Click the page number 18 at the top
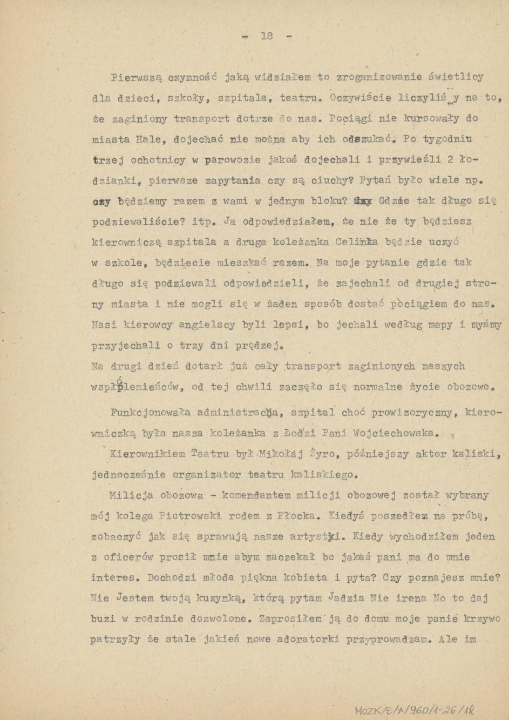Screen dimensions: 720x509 tap(267, 36)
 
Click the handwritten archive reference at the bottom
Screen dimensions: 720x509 tap(414, 709)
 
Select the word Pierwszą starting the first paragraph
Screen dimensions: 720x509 tap(135, 77)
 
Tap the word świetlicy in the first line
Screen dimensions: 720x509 tap(456, 77)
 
